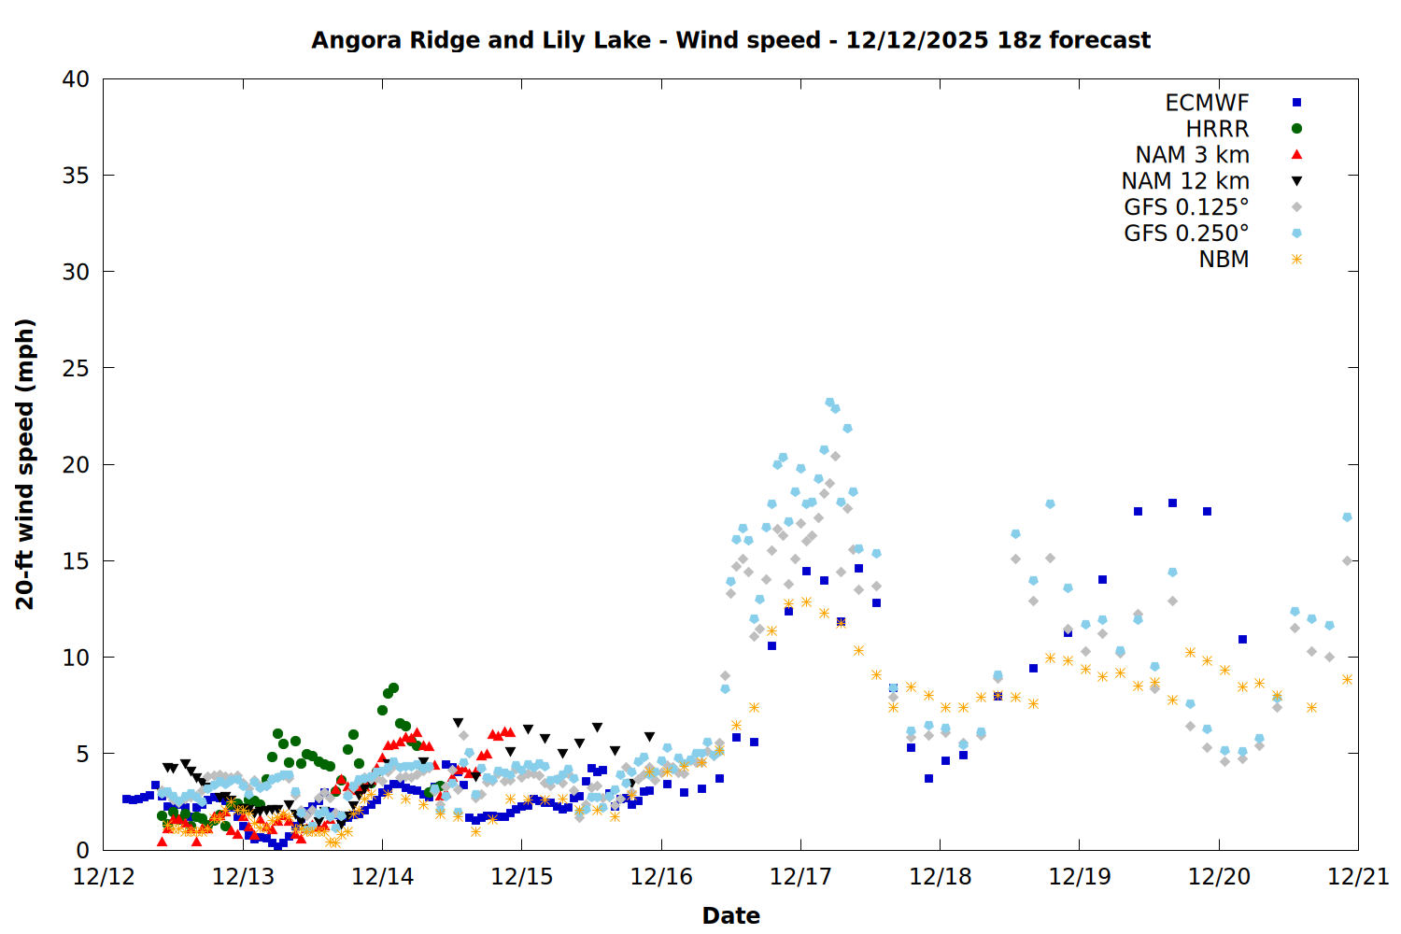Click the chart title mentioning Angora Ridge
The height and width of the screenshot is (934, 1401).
click(x=730, y=40)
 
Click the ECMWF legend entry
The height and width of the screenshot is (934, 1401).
click(x=1207, y=103)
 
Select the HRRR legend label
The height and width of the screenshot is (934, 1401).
click(x=1217, y=129)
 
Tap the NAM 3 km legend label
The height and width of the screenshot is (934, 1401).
click(x=1192, y=155)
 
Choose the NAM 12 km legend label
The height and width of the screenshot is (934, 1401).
click(x=1185, y=181)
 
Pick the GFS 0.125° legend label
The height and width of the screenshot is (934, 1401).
click(x=1186, y=207)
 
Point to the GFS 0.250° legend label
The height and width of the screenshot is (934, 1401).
click(x=1186, y=233)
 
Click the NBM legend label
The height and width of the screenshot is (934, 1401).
click(x=1224, y=260)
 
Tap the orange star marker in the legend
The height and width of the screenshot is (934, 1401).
click(x=1296, y=260)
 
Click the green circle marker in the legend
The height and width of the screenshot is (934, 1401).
click(x=1296, y=129)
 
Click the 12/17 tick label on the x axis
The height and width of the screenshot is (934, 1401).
click(x=800, y=877)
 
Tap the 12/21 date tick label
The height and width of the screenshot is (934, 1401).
click(x=1358, y=877)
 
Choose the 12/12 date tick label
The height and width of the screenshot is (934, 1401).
click(x=104, y=877)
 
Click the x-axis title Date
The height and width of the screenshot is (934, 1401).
click(x=730, y=915)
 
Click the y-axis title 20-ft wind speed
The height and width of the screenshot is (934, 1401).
click(x=25, y=464)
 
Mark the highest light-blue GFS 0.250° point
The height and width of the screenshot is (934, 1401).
click(x=829, y=403)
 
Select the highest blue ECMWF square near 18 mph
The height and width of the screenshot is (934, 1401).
click(x=1172, y=502)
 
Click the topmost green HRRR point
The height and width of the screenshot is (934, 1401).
click(x=393, y=687)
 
